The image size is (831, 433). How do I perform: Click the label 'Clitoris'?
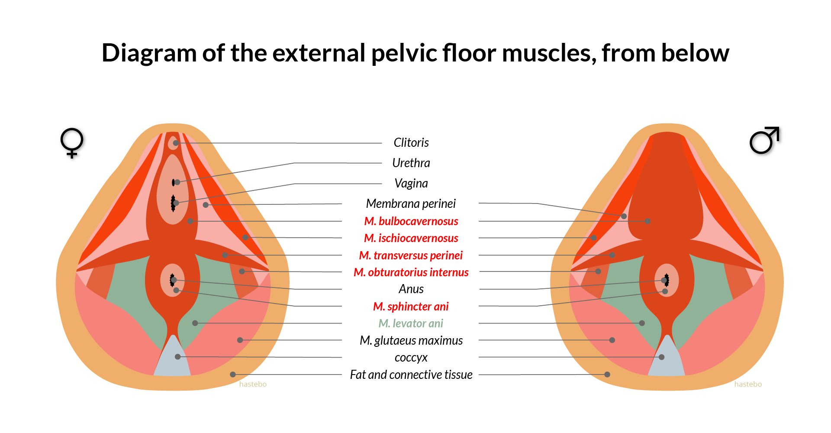tap(411, 143)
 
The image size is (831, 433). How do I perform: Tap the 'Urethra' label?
tap(411, 163)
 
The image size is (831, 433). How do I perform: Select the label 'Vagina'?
tap(411, 184)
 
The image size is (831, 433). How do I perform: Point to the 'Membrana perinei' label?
tap(411, 204)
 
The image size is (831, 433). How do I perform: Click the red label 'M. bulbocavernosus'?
tap(411, 221)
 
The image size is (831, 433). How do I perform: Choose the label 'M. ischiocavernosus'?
tap(411, 238)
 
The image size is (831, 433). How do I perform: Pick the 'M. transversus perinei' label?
tap(411, 255)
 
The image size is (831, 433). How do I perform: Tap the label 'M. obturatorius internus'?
tap(411, 272)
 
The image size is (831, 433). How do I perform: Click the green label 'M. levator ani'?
tap(411, 323)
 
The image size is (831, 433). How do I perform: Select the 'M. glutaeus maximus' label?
tap(411, 341)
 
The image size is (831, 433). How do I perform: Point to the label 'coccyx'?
tap(411, 358)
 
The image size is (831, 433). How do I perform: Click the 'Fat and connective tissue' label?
tap(411, 375)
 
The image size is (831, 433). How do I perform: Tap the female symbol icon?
tap(72, 142)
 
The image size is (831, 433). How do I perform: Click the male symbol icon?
tap(764, 140)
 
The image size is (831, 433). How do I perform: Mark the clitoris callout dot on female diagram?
tap(175, 143)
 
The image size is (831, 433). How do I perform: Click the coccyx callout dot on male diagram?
tap(661, 357)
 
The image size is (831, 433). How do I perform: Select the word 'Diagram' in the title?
tap(149, 54)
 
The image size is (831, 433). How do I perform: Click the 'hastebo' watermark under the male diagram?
tap(748, 384)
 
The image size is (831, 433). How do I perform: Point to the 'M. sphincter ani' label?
tap(411, 307)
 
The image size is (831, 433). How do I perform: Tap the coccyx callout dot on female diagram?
tap(177, 357)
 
